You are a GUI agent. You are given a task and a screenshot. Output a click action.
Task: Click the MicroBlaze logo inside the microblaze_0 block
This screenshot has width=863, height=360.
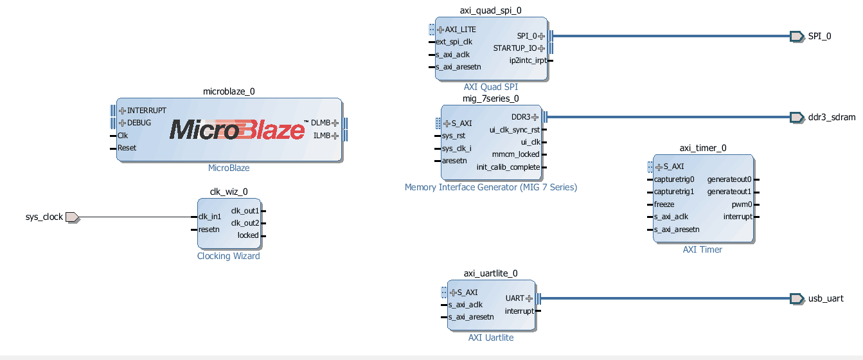[x=237, y=130]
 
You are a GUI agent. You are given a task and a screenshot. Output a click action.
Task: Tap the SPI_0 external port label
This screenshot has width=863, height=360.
[x=819, y=36]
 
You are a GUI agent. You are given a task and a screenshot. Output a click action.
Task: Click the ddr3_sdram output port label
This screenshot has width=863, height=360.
[x=832, y=117]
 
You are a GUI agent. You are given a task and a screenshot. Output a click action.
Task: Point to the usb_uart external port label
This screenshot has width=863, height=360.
[x=826, y=298]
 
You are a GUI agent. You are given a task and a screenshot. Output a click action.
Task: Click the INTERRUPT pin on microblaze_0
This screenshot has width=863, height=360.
[x=146, y=111]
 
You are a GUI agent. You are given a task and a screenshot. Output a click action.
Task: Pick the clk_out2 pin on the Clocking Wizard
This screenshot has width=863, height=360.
[x=245, y=223]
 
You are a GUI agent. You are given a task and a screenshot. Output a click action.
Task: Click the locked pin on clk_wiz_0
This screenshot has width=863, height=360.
[x=248, y=235]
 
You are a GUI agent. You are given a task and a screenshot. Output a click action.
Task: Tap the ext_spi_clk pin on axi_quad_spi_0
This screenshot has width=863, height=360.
[x=454, y=42]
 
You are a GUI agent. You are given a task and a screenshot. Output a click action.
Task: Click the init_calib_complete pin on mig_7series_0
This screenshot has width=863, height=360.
[x=508, y=167]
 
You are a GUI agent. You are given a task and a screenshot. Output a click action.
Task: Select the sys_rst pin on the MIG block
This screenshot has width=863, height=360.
[x=454, y=136]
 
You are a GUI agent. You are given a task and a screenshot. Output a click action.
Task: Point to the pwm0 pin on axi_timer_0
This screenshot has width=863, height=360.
[x=742, y=204]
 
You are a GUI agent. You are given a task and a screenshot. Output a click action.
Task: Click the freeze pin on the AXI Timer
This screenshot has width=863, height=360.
[x=664, y=204]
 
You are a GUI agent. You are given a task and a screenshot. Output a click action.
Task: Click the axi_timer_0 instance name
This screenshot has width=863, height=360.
[x=703, y=148]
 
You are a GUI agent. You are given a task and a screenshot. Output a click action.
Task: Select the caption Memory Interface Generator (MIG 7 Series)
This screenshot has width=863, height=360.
[x=491, y=188]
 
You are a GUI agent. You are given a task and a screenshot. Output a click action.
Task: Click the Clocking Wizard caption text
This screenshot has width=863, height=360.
[x=229, y=256]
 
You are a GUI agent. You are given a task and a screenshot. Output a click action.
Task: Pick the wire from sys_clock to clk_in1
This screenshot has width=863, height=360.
[x=135, y=217]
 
